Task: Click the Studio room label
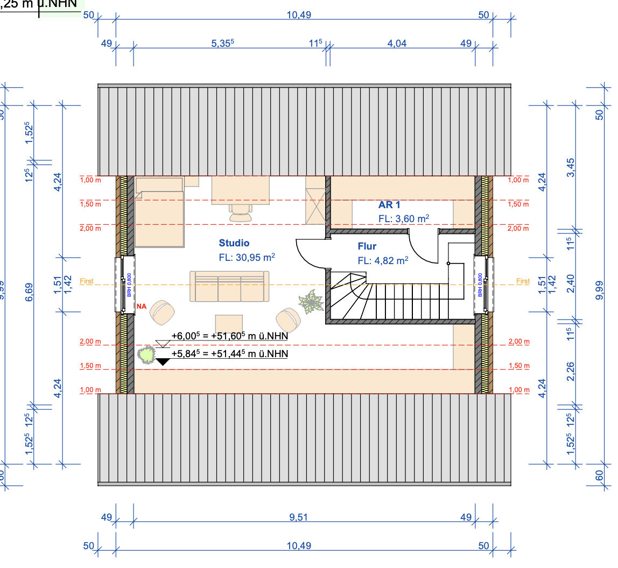point(234,243)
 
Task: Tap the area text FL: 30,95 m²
point(247,258)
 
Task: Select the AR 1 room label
point(389,205)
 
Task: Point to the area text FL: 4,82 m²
point(383,261)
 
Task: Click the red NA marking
point(142,306)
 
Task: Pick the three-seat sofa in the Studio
point(229,286)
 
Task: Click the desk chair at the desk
point(240,213)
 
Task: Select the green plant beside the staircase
point(311,302)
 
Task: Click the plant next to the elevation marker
point(145,354)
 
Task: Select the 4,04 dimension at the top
point(397,44)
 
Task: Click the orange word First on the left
point(87,281)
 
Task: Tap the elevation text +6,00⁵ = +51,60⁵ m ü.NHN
point(230,336)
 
